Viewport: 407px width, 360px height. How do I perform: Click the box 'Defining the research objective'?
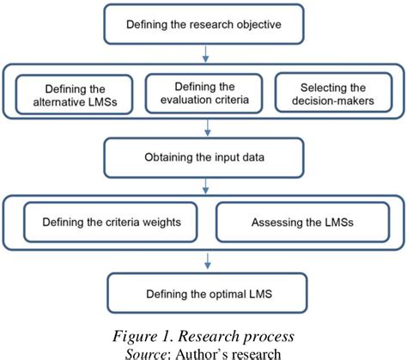203,25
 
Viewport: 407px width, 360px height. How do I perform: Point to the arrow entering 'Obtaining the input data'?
203,131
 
